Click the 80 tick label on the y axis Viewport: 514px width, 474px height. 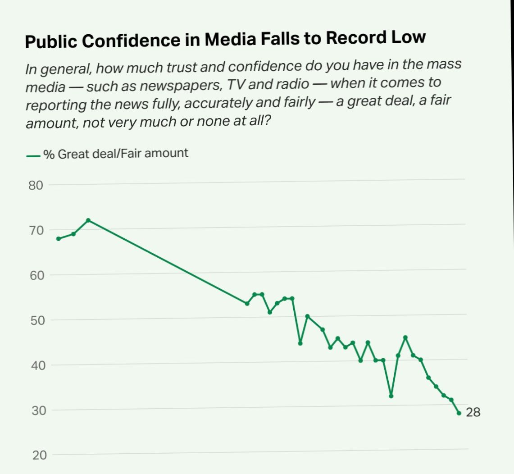[x=36, y=185]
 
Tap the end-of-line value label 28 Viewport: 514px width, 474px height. [x=473, y=412]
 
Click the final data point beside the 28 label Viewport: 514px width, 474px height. [x=459, y=413]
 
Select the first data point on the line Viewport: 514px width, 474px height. [x=59, y=238]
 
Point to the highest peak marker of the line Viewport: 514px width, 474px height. [x=88, y=220]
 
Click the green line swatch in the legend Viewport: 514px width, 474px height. [x=33, y=156]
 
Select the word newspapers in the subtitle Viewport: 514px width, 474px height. [x=180, y=85]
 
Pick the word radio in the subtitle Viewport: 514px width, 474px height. [x=293, y=84]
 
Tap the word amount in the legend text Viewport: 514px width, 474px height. [x=166, y=153]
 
